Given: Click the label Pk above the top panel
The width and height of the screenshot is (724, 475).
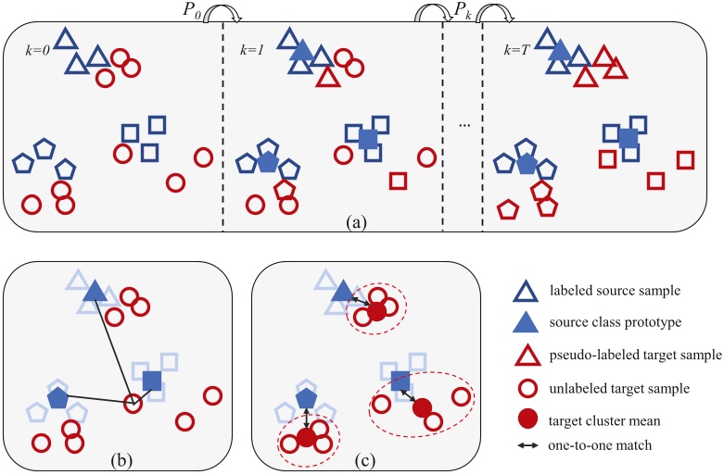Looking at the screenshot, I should [x=462, y=10].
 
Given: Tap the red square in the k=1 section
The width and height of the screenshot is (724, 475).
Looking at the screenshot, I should [x=399, y=180].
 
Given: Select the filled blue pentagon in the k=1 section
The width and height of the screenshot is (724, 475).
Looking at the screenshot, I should [x=268, y=162].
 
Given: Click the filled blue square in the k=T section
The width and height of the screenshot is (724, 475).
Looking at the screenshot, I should [x=629, y=137].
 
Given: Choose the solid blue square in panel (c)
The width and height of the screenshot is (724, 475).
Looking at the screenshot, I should [x=401, y=379].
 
